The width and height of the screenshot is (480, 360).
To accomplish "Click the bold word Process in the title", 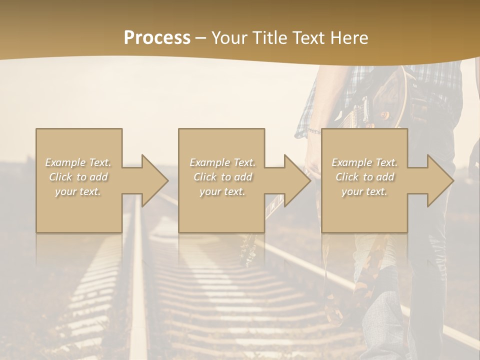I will [157, 37].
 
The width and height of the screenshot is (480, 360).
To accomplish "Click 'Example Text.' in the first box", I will [78, 162].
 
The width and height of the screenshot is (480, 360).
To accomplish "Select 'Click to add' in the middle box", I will [222, 177].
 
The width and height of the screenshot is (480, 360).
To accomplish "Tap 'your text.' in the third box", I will [364, 191].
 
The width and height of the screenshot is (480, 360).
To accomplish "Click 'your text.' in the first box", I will [78, 191].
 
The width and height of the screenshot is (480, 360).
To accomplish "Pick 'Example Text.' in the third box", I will [364, 162].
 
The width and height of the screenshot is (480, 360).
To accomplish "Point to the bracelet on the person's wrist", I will [313, 131].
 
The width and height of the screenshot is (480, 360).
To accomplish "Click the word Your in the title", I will [228, 37].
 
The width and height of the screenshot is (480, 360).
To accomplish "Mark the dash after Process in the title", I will [201, 38].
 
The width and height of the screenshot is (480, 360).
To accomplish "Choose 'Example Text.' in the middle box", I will [222, 162].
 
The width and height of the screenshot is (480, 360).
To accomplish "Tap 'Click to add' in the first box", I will [78, 177].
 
